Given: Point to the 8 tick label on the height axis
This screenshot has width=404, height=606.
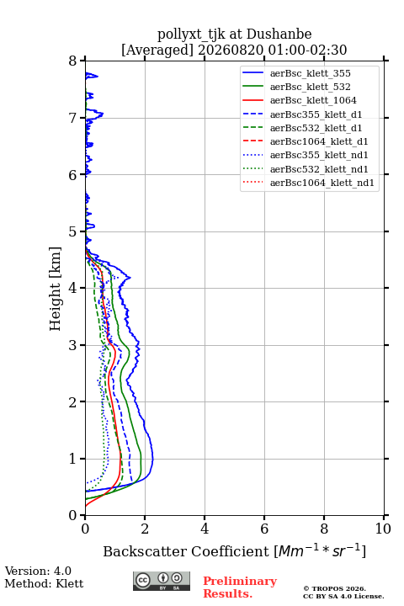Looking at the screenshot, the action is click(73, 61).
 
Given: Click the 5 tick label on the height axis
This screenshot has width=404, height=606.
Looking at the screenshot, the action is click(73, 231).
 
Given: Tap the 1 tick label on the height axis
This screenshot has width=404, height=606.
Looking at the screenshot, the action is click(73, 459).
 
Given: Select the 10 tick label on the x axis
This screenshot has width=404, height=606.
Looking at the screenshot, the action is click(383, 529).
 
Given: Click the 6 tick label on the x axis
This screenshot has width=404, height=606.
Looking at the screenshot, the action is click(264, 529).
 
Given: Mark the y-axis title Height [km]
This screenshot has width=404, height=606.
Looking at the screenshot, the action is click(56, 289).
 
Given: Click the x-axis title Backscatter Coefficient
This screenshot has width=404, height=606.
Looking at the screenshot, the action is click(186, 551).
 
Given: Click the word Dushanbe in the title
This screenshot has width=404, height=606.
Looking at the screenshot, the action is click(279, 35).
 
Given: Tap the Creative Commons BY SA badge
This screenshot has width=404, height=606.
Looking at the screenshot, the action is click(162, 581).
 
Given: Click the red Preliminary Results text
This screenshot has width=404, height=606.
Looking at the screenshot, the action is click(240, 587).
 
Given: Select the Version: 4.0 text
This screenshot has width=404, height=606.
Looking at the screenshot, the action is click(38, 571).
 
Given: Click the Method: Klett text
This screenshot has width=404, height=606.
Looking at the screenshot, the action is click(44, 583).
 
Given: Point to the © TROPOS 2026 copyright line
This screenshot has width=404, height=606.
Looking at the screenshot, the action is click(335, 588).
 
